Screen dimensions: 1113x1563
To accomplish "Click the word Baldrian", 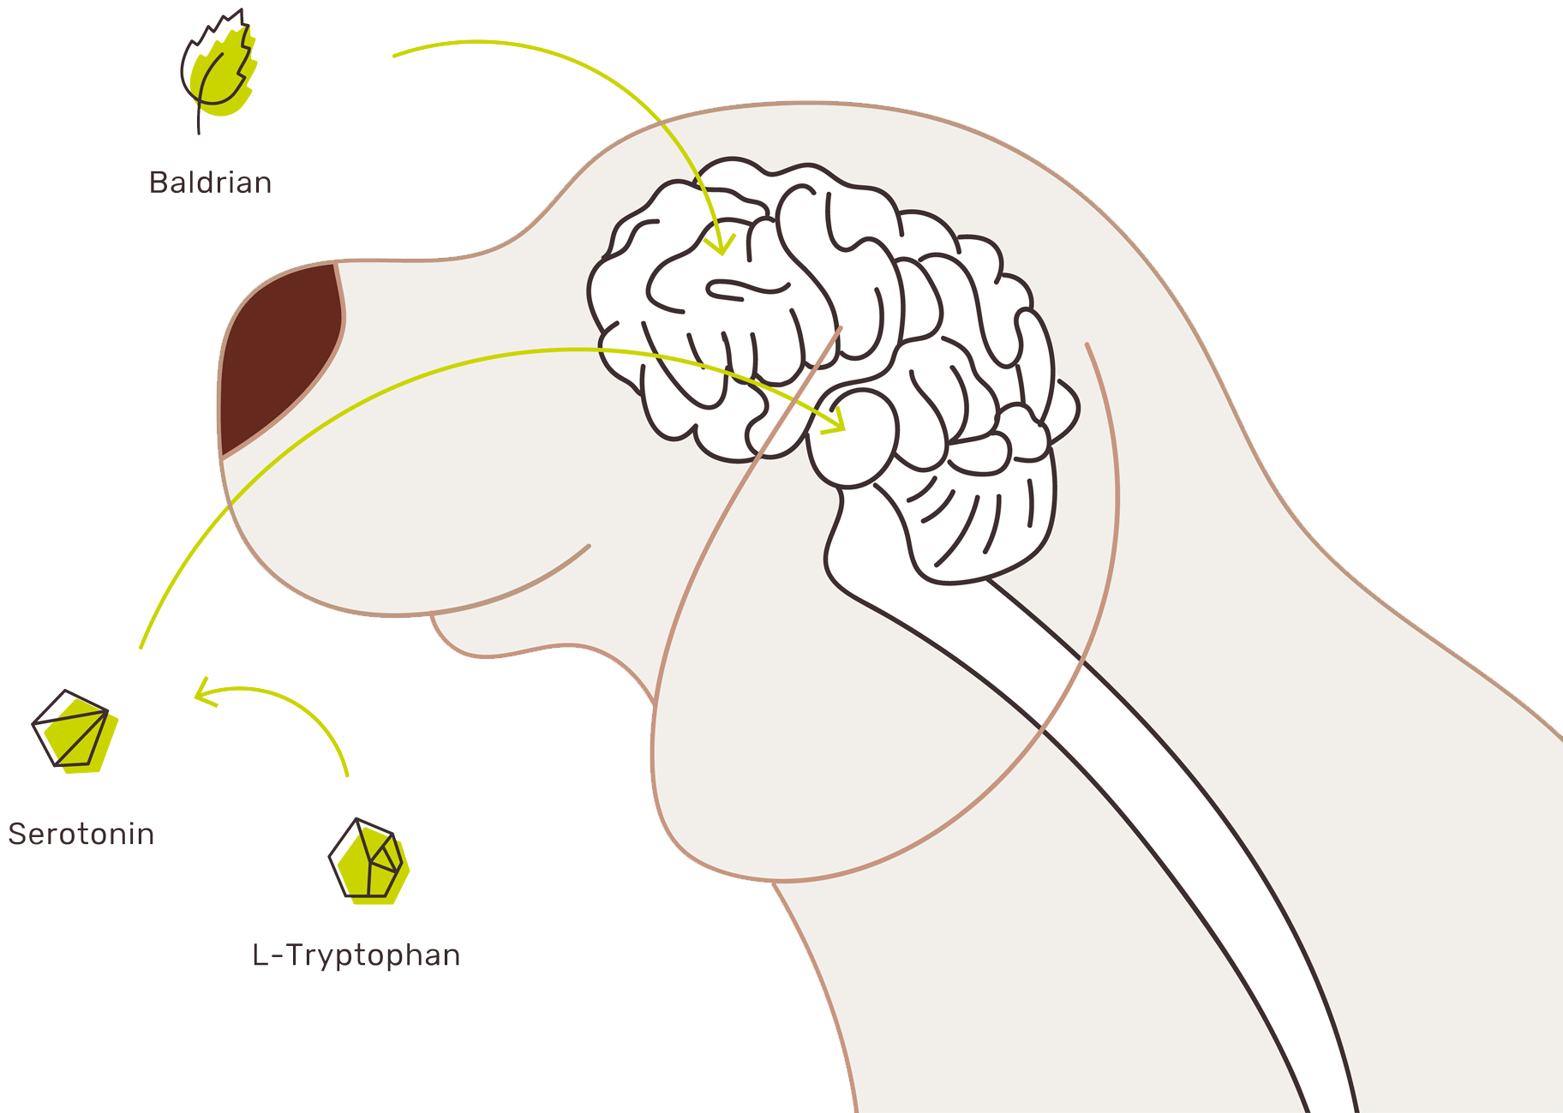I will (x=211, y=183).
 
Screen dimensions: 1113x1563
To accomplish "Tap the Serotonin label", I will (x=81, y=834).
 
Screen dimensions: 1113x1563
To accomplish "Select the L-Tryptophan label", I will (x=356, y=954).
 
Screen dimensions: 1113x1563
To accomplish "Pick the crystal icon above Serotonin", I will (x=75, y=732).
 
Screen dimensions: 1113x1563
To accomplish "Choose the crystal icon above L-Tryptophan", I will (x=370, y=860).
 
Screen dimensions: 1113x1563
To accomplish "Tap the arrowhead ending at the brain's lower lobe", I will (x=835, y=422).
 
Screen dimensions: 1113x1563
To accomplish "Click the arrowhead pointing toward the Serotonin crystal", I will (x=204, y=691).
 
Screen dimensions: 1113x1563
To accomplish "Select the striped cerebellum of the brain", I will (x=977, y=514).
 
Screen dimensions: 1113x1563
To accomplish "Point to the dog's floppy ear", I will (x=857, y=685).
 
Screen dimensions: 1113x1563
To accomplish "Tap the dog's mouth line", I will (x=514, y=591).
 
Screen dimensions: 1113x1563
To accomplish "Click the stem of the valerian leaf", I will (x=199, y=120).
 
